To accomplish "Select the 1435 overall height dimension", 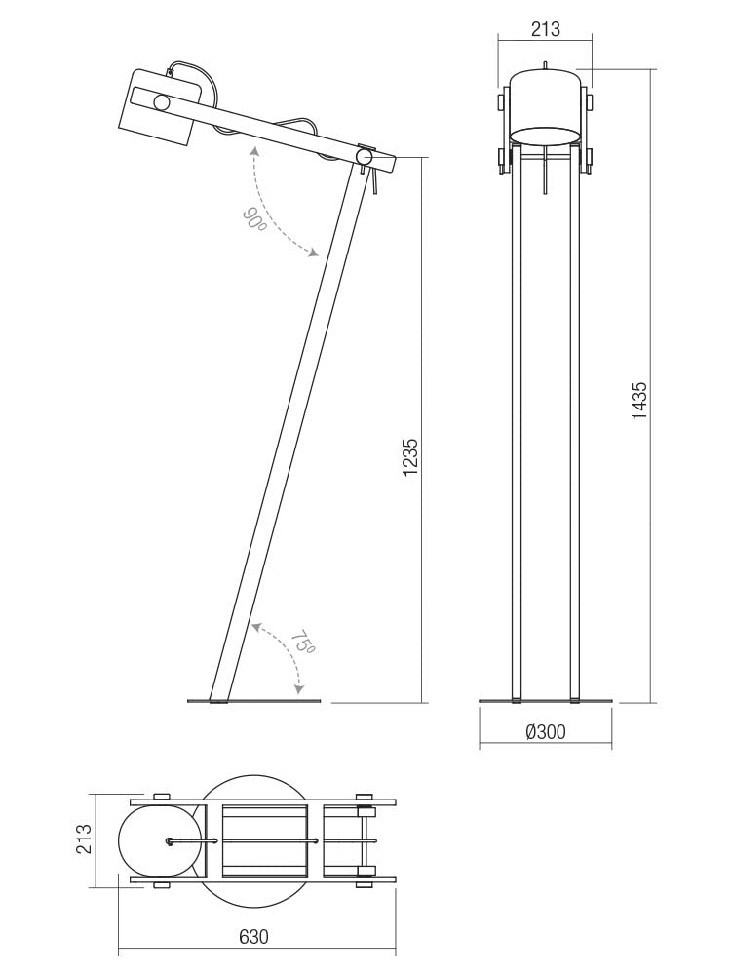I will click(x=639, y=400).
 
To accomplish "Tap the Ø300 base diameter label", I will click(x=546, y=732).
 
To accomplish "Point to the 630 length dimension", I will click(x=253, y=937).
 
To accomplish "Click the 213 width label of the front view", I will click(x=546, y=29).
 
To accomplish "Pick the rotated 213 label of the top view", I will click(x=84, y=839).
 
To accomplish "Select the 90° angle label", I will click(x=255, y=219).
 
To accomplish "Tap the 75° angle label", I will click(x=303, y=644).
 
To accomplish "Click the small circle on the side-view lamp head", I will click(x=162, y=101).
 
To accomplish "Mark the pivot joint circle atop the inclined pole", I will click(x=365, y=156).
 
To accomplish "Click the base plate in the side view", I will click(x=253, y=700).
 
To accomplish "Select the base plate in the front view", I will click(x=546, y=700).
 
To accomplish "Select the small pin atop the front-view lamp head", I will click(x=546, y=65).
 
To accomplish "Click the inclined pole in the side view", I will click(x=283, y=429).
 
